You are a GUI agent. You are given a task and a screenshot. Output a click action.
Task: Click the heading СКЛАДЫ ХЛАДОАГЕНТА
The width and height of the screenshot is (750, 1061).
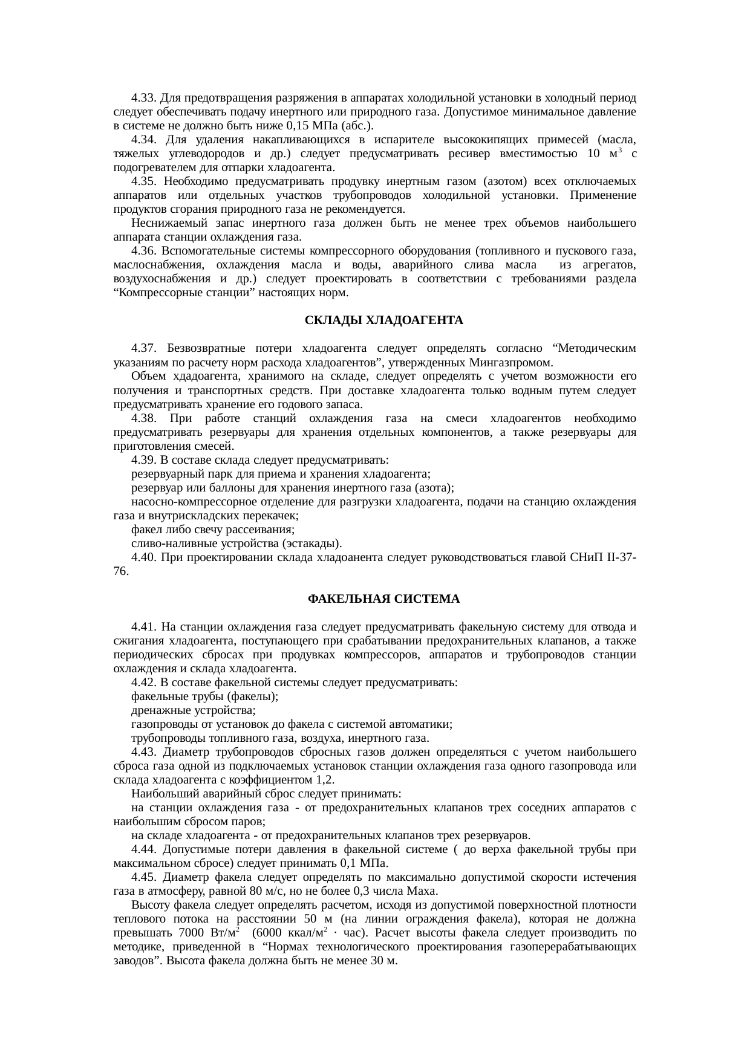point(384,320)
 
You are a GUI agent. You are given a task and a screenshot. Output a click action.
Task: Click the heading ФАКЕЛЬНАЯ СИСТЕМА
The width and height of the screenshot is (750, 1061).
point(384,599)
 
